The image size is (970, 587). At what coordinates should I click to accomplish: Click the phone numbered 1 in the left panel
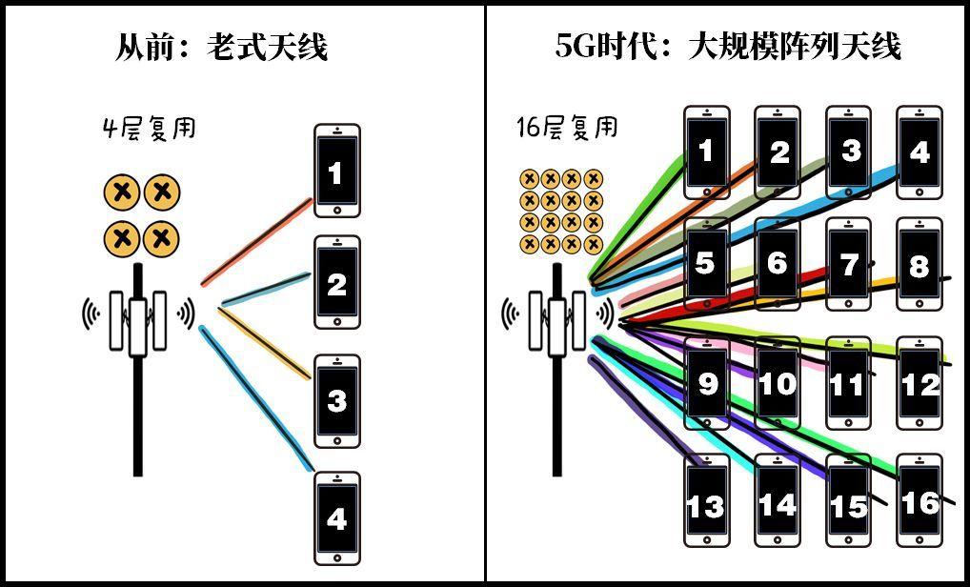[x=336, y=171]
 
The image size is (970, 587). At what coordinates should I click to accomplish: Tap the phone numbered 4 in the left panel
[x=336, y=517]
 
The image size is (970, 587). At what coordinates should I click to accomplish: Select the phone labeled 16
[x=919, y=500]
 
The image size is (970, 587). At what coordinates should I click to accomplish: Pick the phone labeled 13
[x=706, y=500]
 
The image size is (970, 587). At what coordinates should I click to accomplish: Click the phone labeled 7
[x=849, y=264]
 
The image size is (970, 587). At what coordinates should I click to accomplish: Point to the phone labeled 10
[x=778, y=382]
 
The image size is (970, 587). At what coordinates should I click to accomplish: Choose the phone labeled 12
[x=919, y=382]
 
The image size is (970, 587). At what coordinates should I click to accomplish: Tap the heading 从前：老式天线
[x=221, y=46]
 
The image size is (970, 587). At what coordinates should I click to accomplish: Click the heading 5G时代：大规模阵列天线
[x=728, y=46]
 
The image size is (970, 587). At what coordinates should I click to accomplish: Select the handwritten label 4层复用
[x=149, y=128]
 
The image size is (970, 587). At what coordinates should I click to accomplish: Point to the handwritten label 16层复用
[x=566, y=128]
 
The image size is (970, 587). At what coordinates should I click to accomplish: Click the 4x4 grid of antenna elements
[x=561, y=211]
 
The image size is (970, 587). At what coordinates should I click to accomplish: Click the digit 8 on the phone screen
[x=919, y=266]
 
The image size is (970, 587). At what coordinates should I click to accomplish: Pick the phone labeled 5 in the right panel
[x=706, y=264]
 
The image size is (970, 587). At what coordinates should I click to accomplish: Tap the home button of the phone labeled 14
[x=778, y=538]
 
